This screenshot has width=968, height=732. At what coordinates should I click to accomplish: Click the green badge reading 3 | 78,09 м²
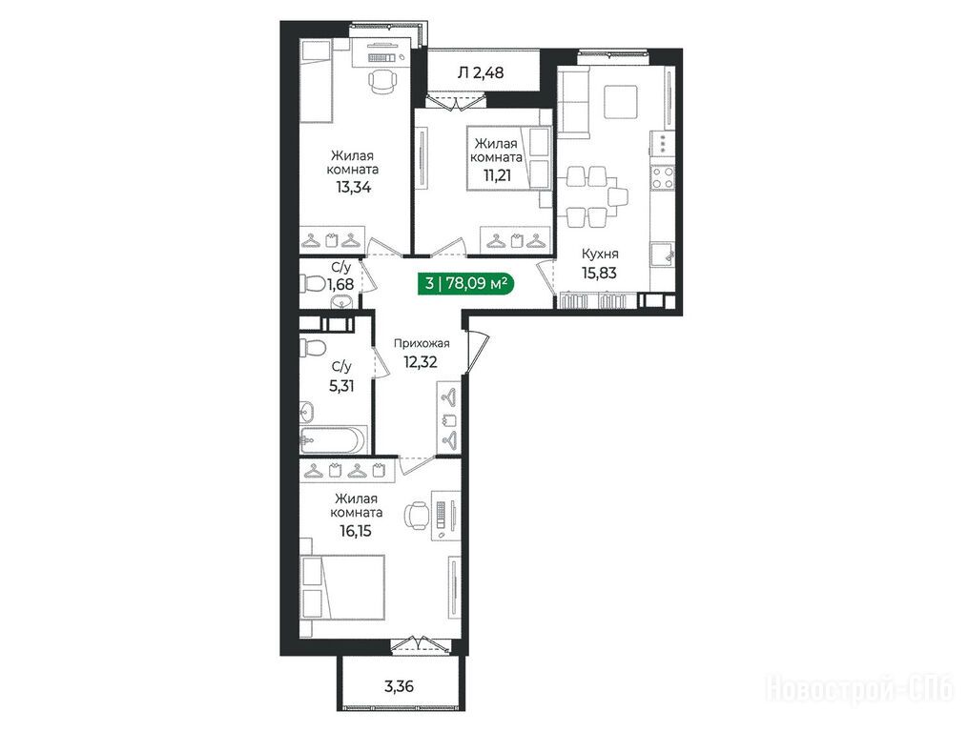pos(466,283)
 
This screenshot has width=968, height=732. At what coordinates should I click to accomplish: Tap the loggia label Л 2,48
pos(481,72)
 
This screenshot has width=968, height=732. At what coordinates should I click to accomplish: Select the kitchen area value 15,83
pos(599,273)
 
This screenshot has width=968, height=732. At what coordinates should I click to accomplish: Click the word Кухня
pos(600,254)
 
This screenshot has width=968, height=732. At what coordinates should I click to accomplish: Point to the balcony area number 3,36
pos(399,685)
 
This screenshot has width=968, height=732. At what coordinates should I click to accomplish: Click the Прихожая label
pos(422,344)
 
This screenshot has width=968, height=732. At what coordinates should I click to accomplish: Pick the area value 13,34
pos(354,187)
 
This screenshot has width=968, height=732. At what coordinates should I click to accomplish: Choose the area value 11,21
pos(498,175)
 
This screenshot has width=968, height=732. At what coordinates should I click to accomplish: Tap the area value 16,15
pos(356,530)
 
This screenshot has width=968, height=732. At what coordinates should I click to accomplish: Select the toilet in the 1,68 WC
pos(314,284)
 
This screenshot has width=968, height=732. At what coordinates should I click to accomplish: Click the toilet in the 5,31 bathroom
pos(313,347)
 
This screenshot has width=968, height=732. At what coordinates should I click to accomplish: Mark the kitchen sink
pos(663,254)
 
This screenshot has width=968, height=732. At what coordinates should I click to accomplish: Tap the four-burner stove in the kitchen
pos(663,177)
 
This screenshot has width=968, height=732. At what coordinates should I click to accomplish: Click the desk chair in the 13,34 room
pos(381,81)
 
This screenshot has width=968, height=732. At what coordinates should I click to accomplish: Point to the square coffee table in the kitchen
pos(621,101)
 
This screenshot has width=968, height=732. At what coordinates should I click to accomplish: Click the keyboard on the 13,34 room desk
pos(381,57)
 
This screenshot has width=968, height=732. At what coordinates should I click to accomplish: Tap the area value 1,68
pos(340,285)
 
